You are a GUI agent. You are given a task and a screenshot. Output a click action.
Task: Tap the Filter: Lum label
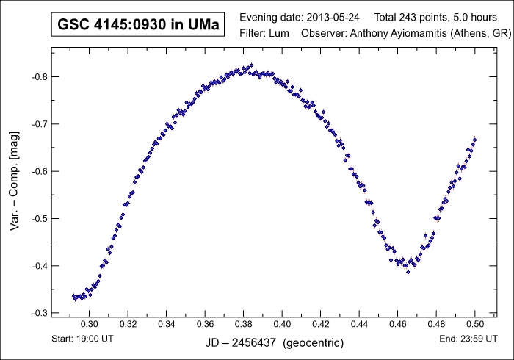coord(264,34)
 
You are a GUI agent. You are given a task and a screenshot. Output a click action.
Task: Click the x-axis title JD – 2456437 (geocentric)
coord(275,343)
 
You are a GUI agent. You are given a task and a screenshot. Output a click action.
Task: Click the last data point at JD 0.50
coord(475,139)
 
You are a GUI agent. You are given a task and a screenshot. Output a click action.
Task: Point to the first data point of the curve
coord(73,296)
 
